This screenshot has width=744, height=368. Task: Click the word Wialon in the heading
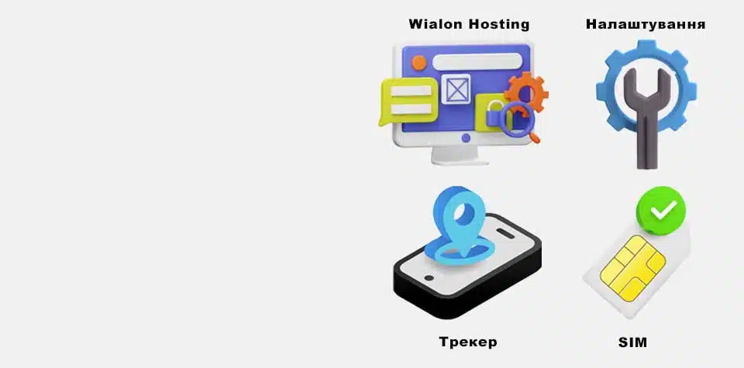435,24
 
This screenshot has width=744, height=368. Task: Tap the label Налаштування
646,24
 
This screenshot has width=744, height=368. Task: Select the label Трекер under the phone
467,342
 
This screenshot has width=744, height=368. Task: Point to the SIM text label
633,342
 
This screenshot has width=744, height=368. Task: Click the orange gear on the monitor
526,91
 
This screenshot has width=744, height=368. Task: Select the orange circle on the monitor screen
419,62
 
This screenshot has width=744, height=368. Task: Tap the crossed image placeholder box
456,90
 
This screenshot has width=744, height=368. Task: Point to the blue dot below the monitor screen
466,138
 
